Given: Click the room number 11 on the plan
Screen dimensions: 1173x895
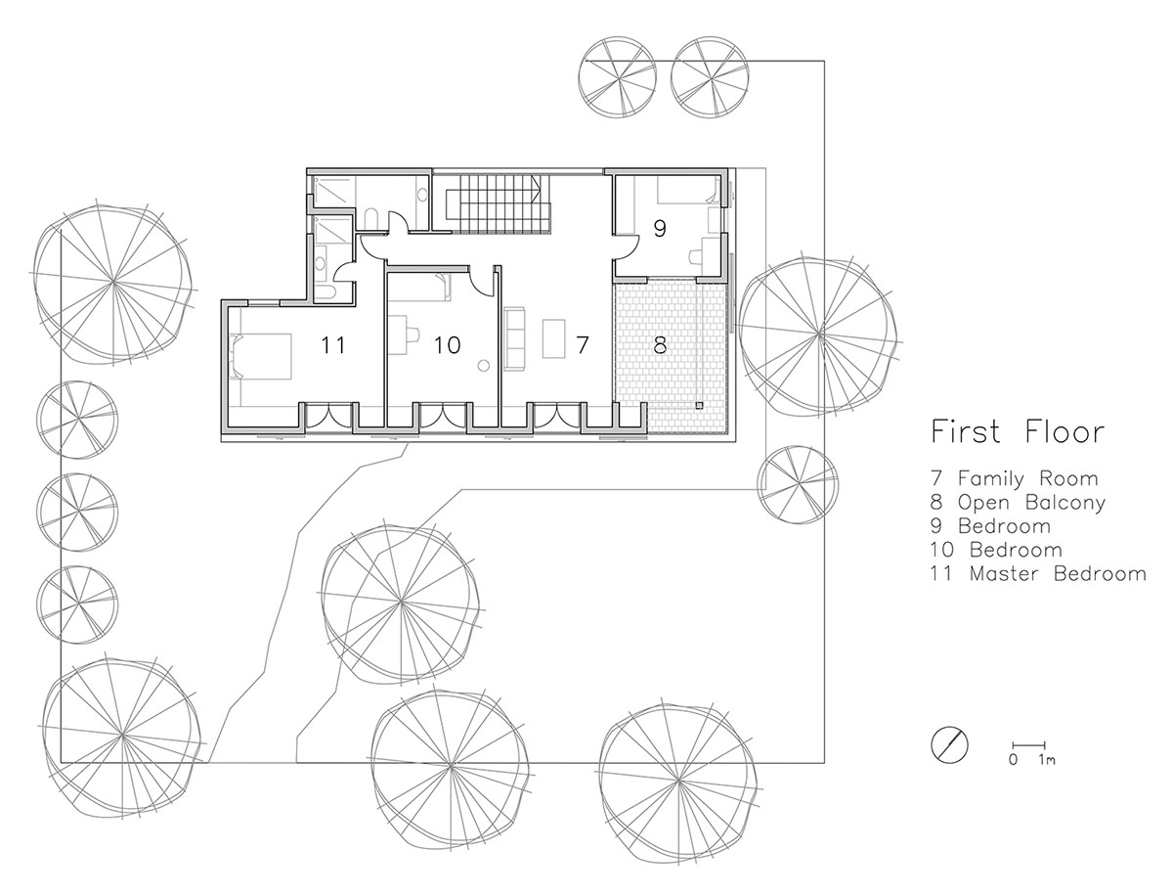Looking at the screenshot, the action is (332, 345).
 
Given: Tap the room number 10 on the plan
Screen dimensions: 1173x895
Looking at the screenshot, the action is (447, 345).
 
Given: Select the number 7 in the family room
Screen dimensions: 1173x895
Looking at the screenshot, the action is (583, 345).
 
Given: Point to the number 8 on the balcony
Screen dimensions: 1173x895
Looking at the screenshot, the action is (660, 345).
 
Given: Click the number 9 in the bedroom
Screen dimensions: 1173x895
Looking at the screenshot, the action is (660, 229).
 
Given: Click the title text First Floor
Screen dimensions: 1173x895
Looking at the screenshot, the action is (1018, 431).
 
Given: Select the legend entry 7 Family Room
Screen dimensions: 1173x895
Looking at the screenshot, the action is (1015, 478).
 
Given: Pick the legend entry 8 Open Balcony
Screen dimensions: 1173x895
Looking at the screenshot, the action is (1018, 503).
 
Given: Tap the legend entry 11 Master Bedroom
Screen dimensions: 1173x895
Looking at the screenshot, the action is (1038, 573).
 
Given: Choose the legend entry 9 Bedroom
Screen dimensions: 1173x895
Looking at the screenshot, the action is (990, 526).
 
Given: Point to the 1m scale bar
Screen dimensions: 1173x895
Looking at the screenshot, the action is (1028, 744).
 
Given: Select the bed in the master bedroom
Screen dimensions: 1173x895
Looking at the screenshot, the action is (260, 356).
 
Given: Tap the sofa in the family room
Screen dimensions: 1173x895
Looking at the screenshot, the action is (514, 337).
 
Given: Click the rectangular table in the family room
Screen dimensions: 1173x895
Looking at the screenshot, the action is (553, 338).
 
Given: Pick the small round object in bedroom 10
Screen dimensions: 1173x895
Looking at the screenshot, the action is (484, 366).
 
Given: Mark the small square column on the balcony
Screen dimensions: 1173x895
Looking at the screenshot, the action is (700, 405).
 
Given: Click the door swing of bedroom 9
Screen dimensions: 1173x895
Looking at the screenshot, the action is (627, 247).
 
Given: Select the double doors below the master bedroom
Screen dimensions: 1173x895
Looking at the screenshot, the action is (329, 416).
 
